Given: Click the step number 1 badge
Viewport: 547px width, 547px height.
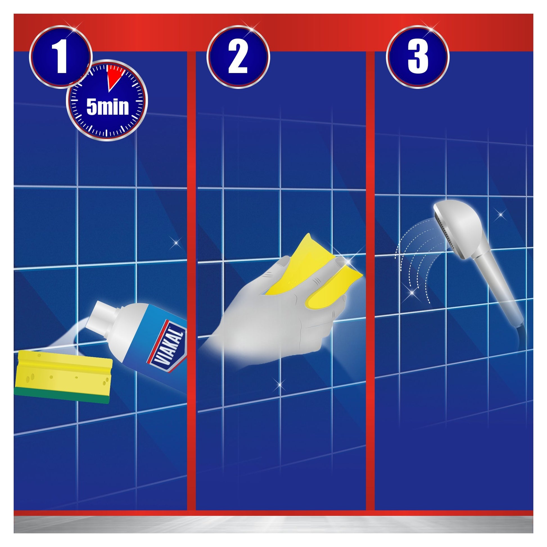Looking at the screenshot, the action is pos(61,57).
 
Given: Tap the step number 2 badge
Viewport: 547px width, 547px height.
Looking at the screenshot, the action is pos(238,57).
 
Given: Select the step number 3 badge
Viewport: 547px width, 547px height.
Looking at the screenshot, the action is pos(418,57).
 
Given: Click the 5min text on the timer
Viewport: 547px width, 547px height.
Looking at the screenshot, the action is pos(107,107).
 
